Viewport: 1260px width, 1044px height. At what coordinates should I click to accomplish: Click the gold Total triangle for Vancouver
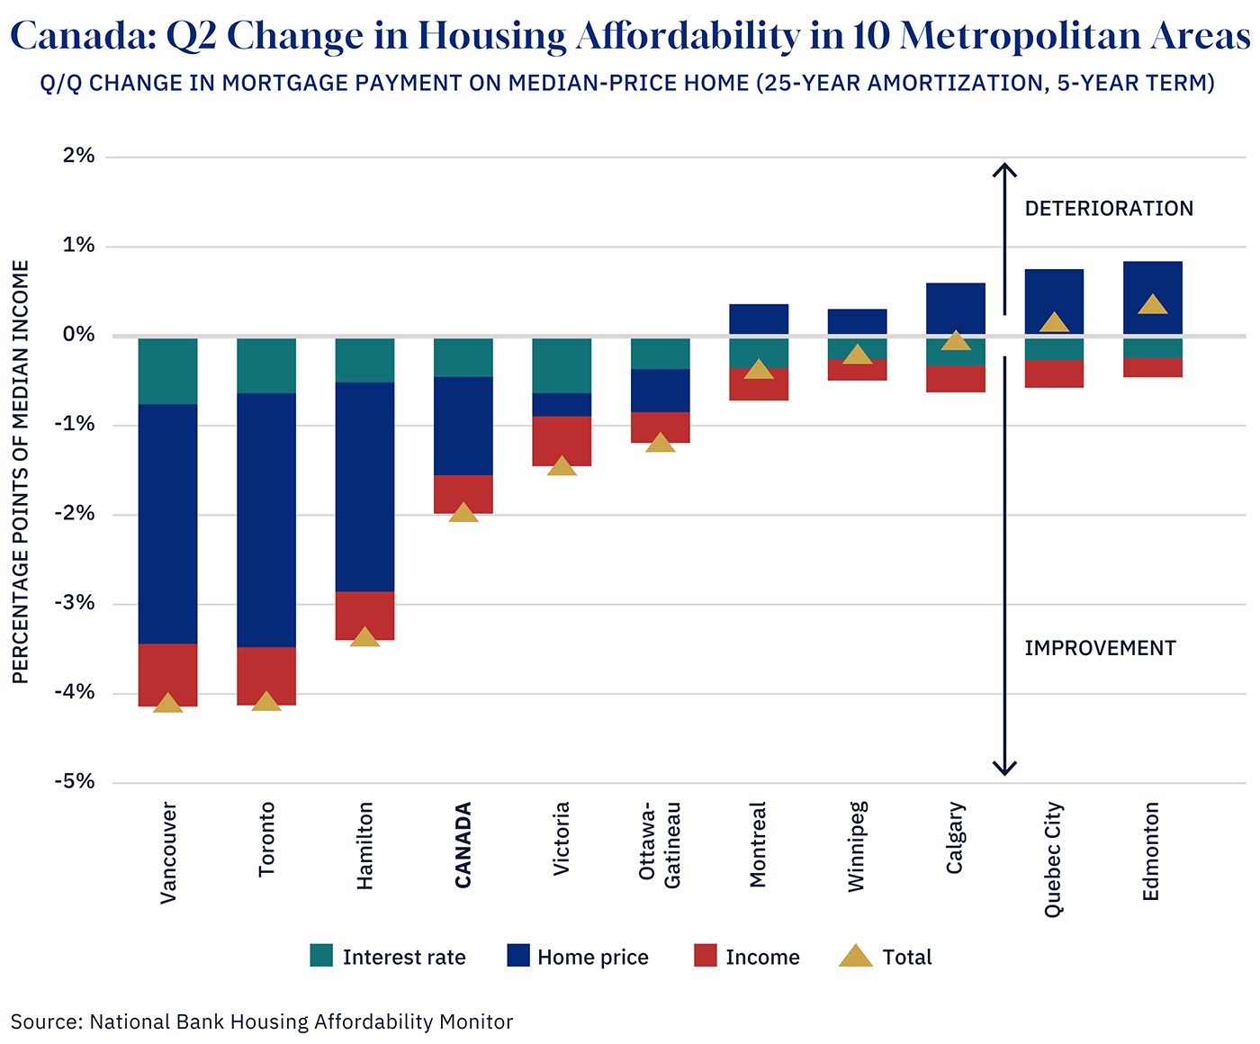(x=168, y=704)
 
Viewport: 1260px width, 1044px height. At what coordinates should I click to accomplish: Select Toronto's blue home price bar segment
(x=266, y=519)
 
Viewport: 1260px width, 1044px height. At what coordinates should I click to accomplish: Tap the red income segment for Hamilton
(x=364, y=614)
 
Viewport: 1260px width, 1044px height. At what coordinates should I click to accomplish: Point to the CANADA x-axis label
(x=463, y=845)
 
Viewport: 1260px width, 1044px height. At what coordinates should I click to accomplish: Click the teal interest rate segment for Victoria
(x=562, y=365)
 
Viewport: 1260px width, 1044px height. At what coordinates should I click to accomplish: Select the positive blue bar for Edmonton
(x=1153, y=298)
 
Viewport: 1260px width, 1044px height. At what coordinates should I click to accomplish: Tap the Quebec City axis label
(x=1054, y=859)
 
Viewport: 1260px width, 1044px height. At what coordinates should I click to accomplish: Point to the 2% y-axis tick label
(x=79, y=156)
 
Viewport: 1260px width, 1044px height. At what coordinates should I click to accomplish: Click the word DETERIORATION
(x=1109, y=209)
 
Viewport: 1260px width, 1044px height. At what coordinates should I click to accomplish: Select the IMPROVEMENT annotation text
(x=1100, y=648)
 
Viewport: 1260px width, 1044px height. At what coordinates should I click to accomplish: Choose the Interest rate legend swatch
(x=321, y=956)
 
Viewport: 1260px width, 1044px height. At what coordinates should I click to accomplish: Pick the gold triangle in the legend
(x=855, y=956)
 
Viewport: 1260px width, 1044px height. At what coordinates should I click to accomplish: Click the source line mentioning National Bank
(x=262, y=1021)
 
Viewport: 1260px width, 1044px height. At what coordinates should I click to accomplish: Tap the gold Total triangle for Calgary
(x=956, y=340)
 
